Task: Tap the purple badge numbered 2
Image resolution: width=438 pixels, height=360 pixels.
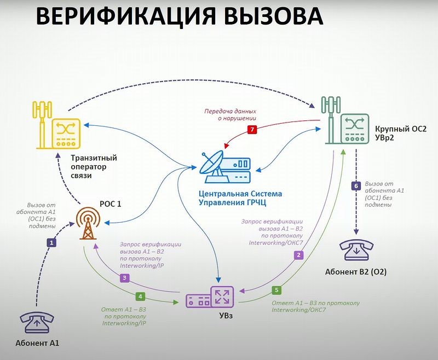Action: coord(298,254)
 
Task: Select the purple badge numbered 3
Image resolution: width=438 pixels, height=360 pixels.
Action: coord(125,278)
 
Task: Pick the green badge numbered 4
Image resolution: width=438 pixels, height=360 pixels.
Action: coord(140,296)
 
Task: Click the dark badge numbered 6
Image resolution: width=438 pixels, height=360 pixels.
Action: coord(356,186)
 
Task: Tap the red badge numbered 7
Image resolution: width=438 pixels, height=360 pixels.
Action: coord(252,130)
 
